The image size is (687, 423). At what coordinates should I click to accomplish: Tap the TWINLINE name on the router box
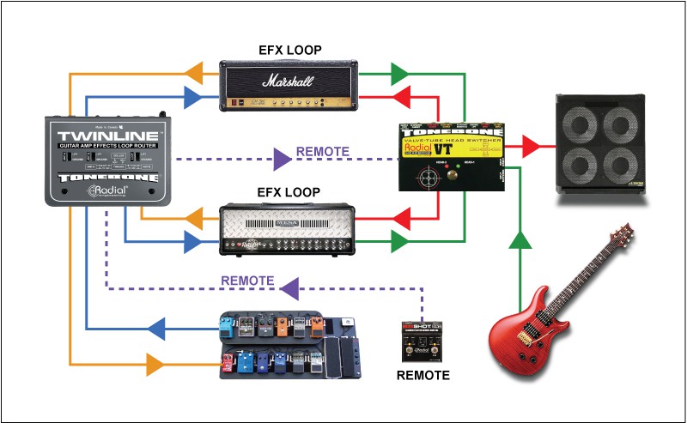tap(109, 138)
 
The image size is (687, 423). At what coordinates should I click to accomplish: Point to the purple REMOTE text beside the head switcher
tap(322, 152)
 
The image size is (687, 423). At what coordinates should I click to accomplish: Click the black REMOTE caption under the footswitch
tap(422, 375)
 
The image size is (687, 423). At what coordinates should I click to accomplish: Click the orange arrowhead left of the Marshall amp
tap(195, 72)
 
